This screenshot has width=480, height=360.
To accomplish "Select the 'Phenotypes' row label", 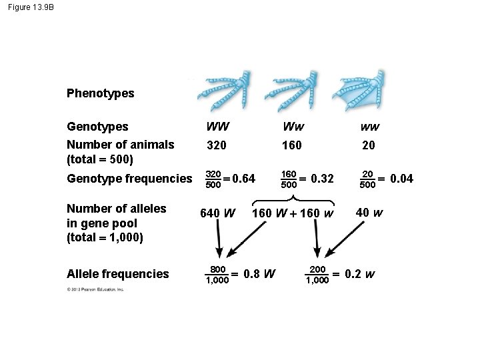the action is point(100,93).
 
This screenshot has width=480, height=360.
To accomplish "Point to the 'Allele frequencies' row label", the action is point(117,274).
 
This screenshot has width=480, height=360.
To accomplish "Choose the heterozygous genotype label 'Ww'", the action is point(292,126).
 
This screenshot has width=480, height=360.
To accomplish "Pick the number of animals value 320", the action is point(217,145).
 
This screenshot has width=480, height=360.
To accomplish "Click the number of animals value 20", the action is point(367,145).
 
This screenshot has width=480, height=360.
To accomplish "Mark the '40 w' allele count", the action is point(369,213).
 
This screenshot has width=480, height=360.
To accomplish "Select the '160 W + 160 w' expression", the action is point(293,214).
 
